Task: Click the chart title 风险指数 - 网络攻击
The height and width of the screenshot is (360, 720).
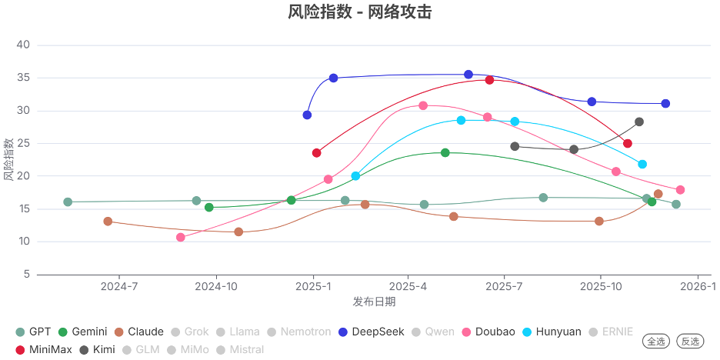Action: [x=359, y=12]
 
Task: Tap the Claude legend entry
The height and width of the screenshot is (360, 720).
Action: [x=138, y=332]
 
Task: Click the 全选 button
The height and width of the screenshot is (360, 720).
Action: [x=657, y=342]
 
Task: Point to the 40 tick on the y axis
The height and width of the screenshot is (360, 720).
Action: [x=23, y=45]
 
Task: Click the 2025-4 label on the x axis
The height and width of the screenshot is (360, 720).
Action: [x=408, y=287]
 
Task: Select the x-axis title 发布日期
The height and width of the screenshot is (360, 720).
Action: [x=374, y=302]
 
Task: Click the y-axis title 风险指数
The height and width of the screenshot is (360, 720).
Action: [x=8, y=159]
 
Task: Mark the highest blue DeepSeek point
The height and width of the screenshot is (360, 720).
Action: [x=468, y=75]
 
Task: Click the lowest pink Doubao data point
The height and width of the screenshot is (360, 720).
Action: [x=181, y=238]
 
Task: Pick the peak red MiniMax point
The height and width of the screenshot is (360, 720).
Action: [x=489, y=80]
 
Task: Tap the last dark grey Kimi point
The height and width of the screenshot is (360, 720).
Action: [x=639, y=122]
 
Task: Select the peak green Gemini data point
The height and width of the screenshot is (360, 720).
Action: [x=445, y=153]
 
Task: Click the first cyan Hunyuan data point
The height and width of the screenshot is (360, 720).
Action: [x=355, y=176]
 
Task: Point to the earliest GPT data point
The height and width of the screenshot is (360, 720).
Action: [x=68, y=202]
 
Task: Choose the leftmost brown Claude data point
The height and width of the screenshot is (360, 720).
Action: [x=108, y=222]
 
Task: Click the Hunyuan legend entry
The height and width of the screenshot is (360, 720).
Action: [x=551, y=332]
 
